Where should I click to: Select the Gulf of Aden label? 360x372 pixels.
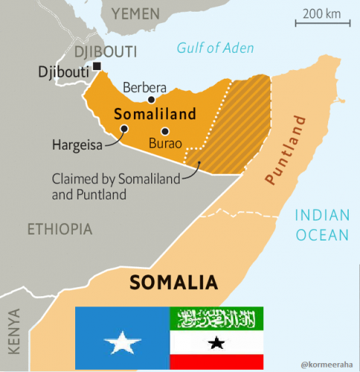215,48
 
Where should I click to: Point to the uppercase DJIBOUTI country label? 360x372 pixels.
106,51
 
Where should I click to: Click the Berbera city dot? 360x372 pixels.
152,99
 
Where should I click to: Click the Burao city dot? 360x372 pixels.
164,130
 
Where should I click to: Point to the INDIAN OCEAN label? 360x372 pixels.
321,225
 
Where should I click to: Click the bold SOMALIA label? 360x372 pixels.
173,282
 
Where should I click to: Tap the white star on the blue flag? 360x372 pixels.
123,343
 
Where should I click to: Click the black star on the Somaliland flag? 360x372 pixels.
216,343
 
